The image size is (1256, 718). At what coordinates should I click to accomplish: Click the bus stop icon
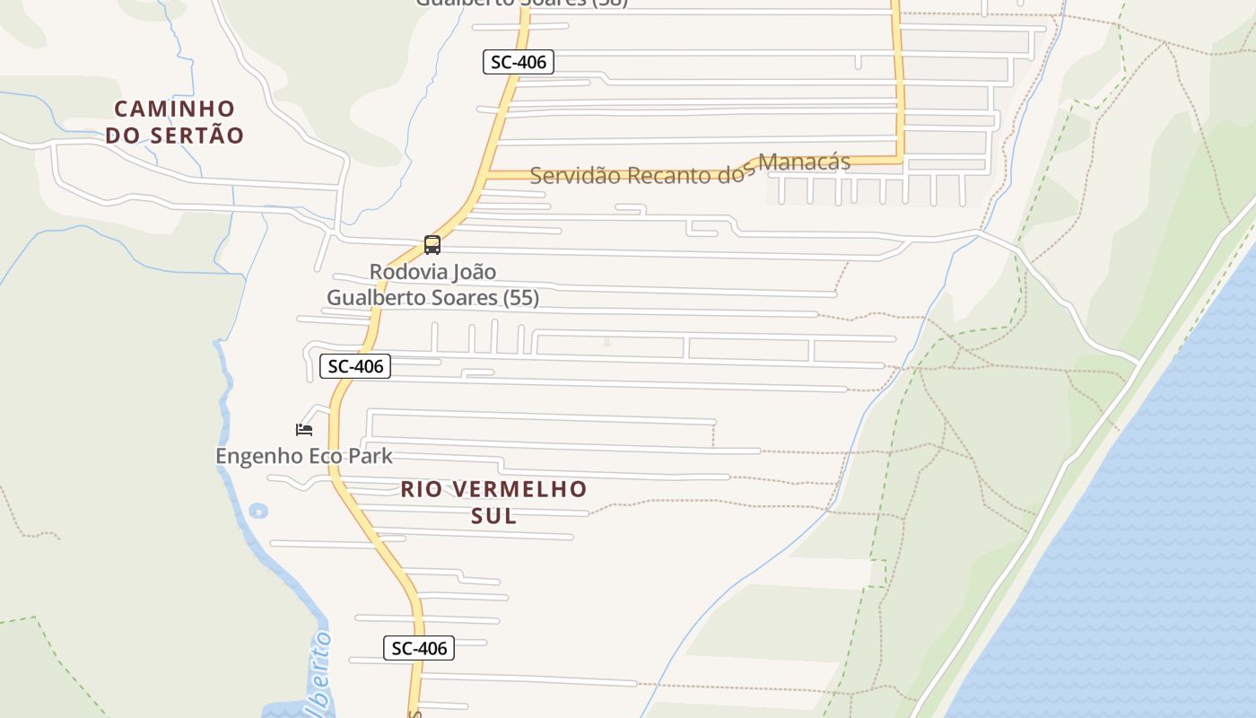(432, 245)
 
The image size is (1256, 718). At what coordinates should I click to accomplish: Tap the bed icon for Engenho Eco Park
(304, 430)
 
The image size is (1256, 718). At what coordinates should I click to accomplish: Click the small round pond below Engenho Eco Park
(258, 512)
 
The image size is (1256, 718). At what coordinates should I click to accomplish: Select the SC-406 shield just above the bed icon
(355, 366)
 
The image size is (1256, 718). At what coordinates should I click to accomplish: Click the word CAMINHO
(175, 109)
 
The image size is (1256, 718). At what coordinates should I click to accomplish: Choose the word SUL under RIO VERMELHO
(494, 516)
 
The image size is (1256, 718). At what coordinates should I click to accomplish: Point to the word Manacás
(804, 162)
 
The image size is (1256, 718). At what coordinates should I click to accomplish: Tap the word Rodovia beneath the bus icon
(407, 271)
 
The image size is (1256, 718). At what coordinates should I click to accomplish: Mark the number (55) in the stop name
(522, 298)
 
